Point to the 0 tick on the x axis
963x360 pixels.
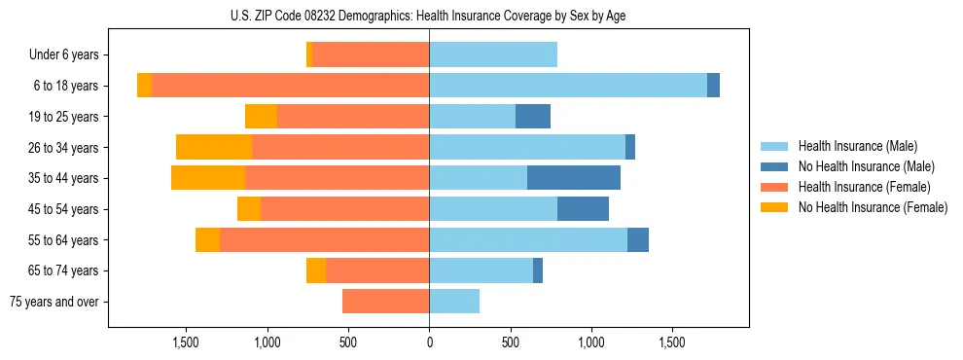(x=429, y=342)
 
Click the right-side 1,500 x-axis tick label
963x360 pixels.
(x=672, y=342)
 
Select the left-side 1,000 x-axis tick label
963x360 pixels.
(x=267, y=342)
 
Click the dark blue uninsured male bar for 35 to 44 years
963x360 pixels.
(x=574, y=178)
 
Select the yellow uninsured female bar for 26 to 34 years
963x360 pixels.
(x=214, y=147)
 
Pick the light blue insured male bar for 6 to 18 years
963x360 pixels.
(x=568, y=86)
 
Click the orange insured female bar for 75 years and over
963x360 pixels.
(x=386, y=302)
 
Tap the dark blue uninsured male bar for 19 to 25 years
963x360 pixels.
(x=533, y=117)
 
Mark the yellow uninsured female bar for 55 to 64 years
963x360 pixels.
(x=207, y=239)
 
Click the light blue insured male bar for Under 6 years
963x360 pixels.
(x=493, y=54)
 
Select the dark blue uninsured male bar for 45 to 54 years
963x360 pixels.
(x=583, y=208)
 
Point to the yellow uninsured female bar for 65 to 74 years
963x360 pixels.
(x=316, y=270)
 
